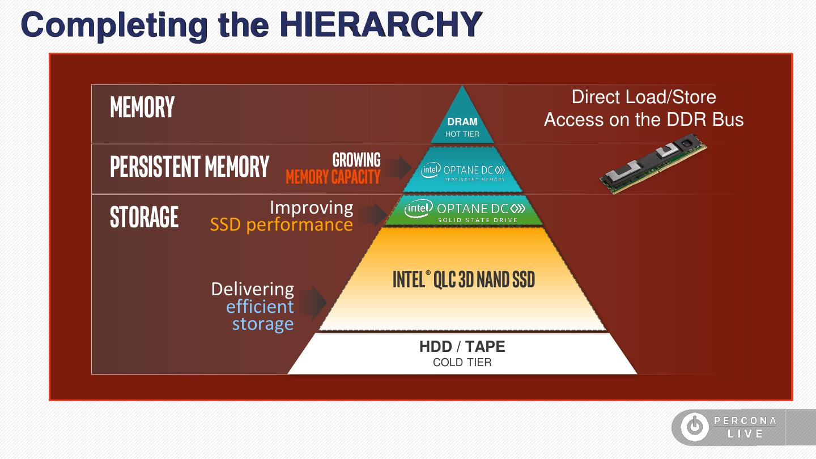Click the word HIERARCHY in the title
pos(380,24)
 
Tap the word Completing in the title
pos(114,25)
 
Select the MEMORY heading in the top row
pos(142,107)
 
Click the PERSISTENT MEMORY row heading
pos(189,167)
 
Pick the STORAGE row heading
pos(144,217)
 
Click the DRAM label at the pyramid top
pos(462,122)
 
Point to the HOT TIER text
pos(462,134)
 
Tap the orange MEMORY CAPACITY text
pos(333,177)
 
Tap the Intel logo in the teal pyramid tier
pos(431,169)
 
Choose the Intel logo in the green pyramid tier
pos(418,209)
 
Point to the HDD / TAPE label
pos(462,347)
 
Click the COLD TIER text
pos(462,363)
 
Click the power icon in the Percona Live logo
pos(694,427)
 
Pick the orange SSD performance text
pos(282,225)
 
